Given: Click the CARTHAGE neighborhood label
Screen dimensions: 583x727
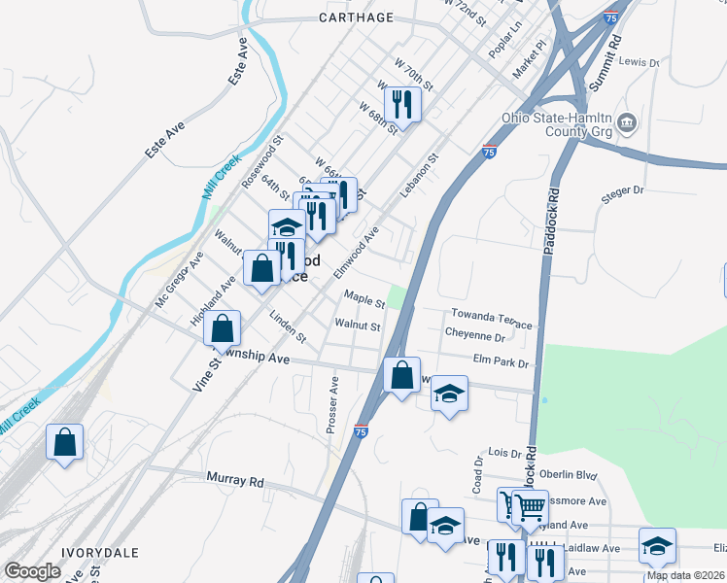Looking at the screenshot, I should [x=357, y=17].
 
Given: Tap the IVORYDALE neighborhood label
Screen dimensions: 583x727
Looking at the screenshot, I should [x=100, y=552].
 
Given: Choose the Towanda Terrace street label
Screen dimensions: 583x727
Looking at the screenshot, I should [x=492, y=319].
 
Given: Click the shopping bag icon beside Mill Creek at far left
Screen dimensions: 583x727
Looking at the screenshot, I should [x=65, y=442].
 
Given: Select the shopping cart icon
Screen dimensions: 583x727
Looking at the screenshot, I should [x=529, y=504].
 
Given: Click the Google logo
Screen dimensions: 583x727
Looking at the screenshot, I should [x=32, y=571].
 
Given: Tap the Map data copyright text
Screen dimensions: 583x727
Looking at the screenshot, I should [x=685, y=575].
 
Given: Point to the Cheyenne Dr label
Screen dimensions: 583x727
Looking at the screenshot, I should [x=474, y=336].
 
